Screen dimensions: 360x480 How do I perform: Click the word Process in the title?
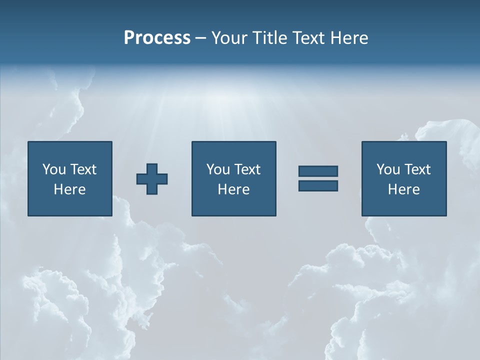pos(157,38)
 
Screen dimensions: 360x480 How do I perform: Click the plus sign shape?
pos(152,179)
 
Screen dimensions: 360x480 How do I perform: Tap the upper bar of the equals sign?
pos(318,171)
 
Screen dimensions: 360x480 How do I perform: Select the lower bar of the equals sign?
pos(318,185)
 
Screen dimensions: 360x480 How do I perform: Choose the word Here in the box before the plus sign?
pos(69,189)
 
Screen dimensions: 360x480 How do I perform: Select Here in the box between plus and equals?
pos(233,189)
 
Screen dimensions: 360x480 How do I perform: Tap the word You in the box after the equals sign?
pos(388,169)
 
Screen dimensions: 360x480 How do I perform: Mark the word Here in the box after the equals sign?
pos(403,189)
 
